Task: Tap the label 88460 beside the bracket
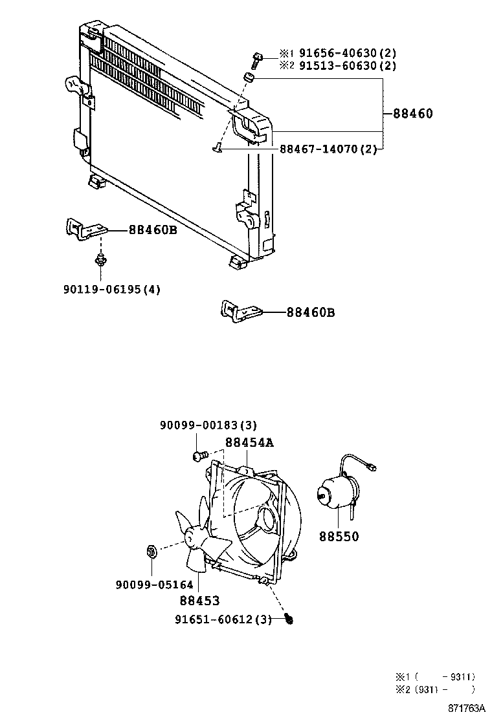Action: [412, 114]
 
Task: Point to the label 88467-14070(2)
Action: [328, 149]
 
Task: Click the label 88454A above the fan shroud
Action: [250, 442]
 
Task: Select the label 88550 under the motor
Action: [338, 537]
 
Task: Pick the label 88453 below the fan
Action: [199, 601]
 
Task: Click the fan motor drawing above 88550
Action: [337, 495]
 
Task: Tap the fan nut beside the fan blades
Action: [151, 552]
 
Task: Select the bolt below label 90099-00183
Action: [199, 456]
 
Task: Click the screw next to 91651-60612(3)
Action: [289, 619]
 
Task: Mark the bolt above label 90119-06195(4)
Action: [100, 260]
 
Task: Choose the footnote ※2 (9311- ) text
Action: [435, 689]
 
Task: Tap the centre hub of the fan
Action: [192, 536]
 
